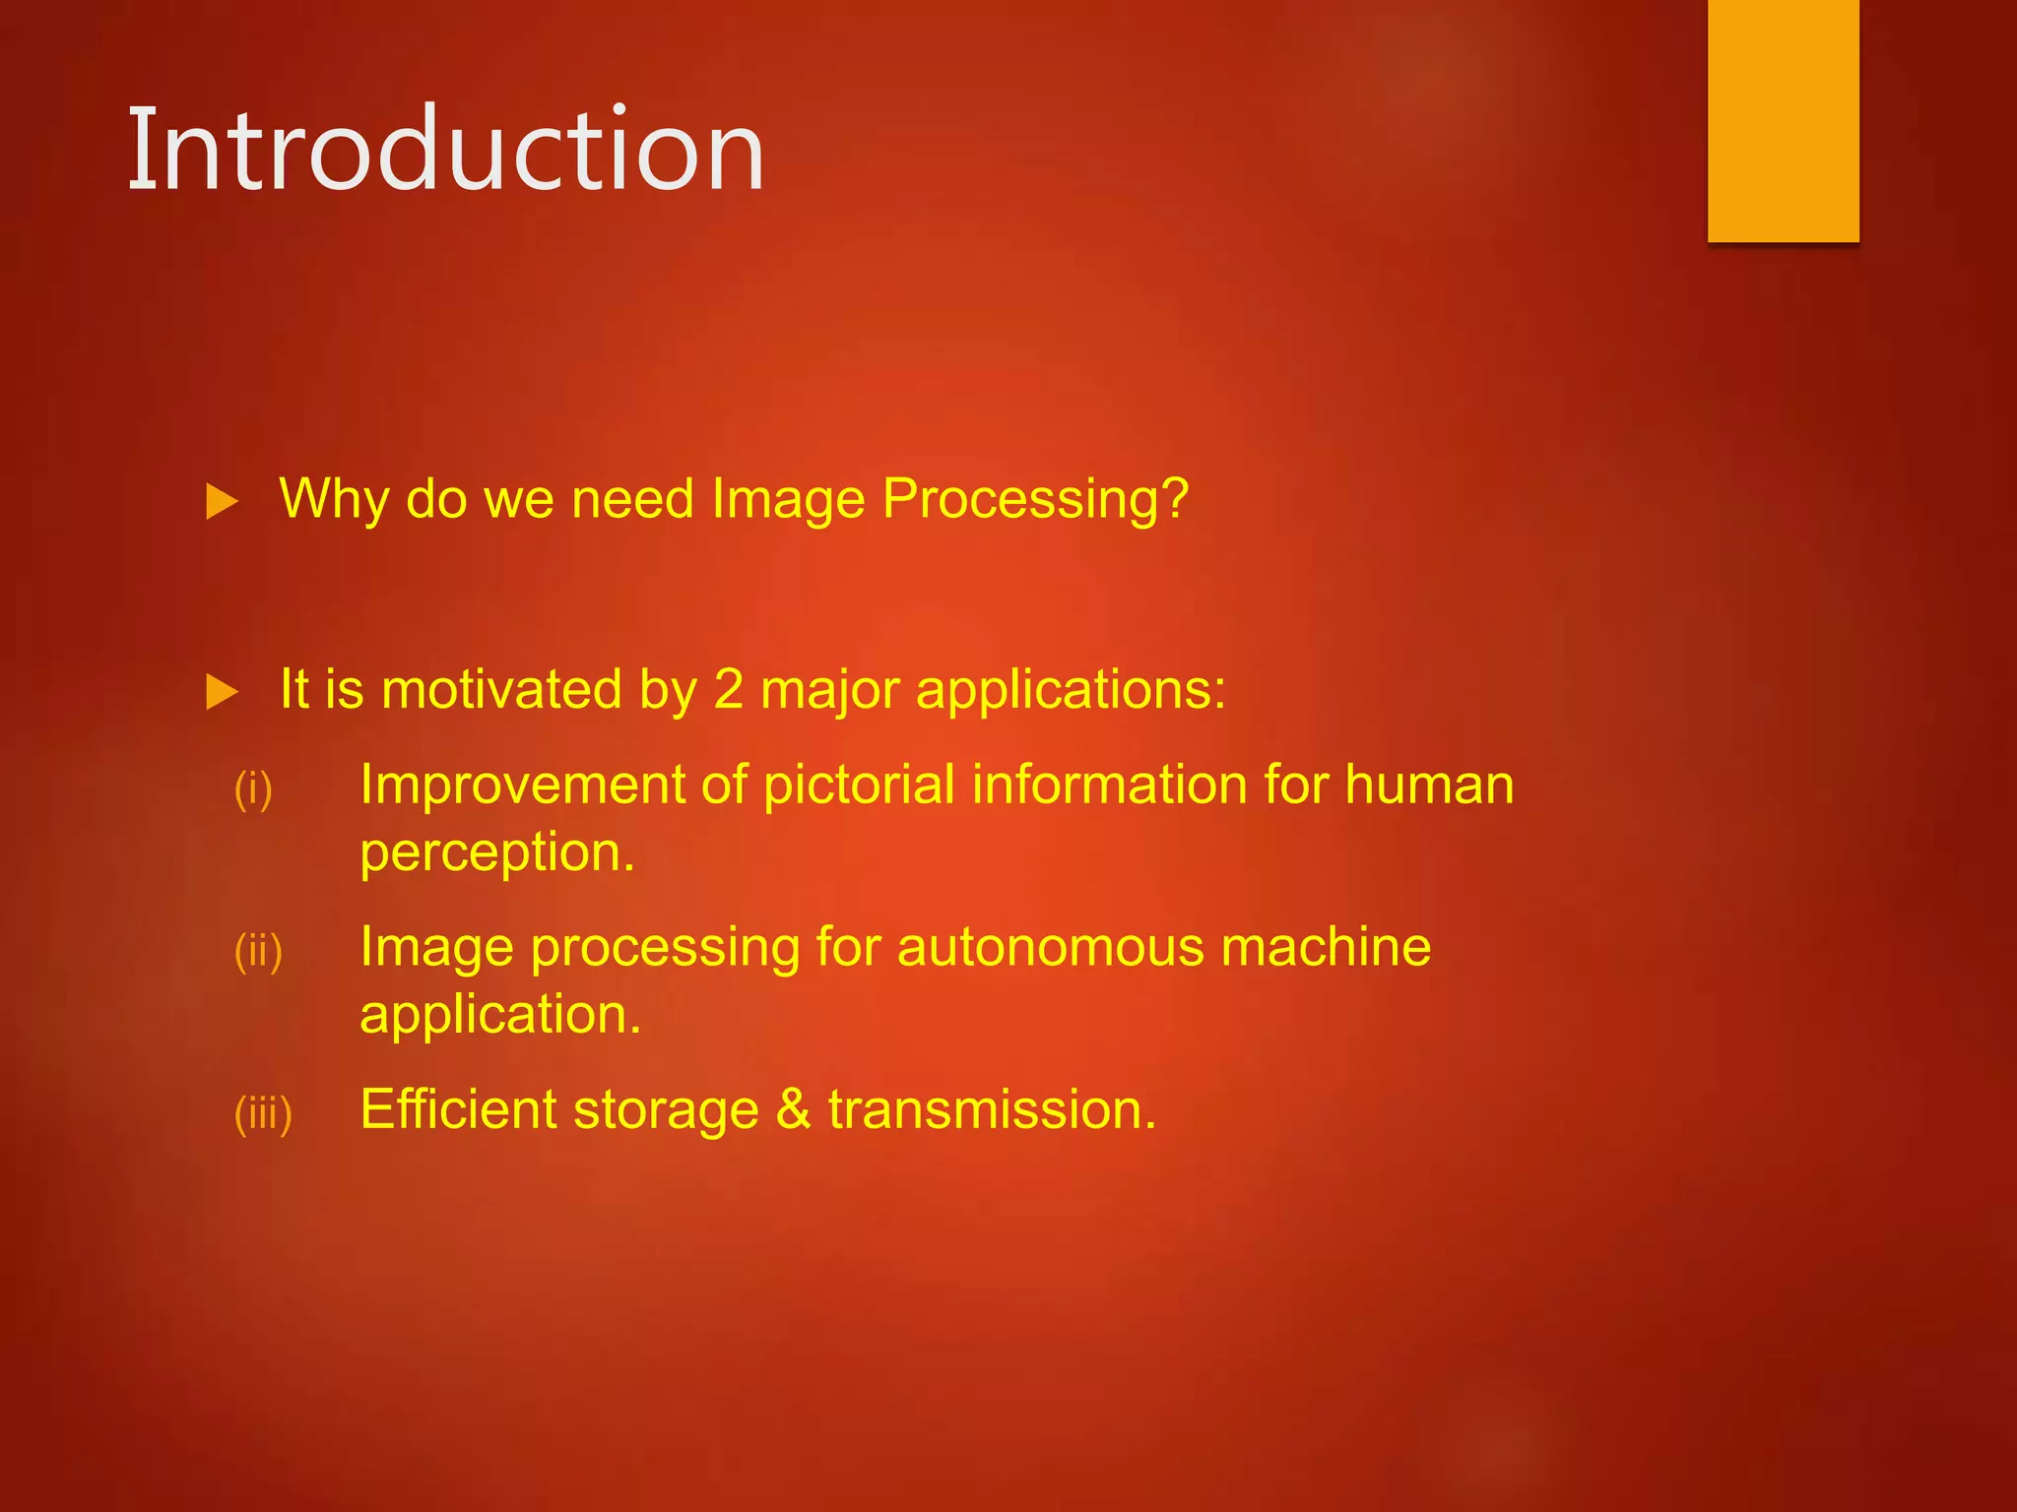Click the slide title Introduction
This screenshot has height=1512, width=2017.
tap(446, 150)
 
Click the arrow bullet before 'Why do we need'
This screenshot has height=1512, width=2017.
tap(222, 502)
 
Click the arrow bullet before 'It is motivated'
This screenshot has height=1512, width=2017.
tap(222, 692)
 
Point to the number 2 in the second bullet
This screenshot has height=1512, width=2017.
tap(728, 689)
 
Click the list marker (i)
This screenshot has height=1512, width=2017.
tap(253, 788)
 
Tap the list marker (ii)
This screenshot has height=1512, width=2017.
tap(258, 951)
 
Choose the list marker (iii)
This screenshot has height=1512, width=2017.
tap(263, 1113)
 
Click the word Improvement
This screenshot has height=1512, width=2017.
tap(522, 786)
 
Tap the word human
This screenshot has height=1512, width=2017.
tap(1429, 786)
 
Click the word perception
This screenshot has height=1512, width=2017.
tap(495, 852)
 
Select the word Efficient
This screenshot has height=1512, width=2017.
tap(458, 1109)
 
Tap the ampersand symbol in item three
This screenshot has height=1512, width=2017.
tap(794, 1109)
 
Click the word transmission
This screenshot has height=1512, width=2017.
tap(990, 1109)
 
